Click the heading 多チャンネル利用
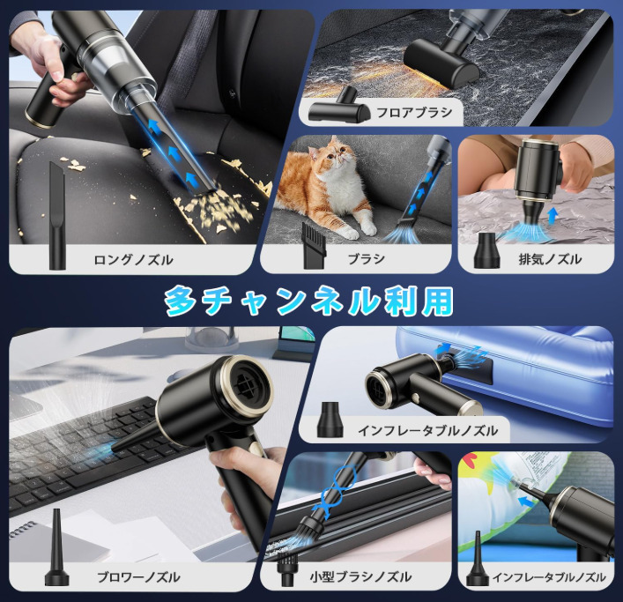[310, 301]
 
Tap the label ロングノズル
[133, 259]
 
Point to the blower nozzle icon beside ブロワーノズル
[55, 554]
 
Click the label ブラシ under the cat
[366, 259]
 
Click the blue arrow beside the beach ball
[526, 503]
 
